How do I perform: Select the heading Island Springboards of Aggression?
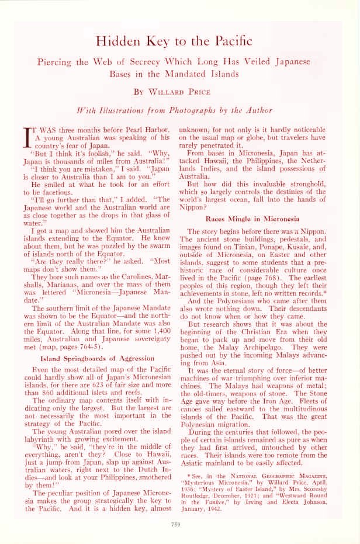(97, 358)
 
